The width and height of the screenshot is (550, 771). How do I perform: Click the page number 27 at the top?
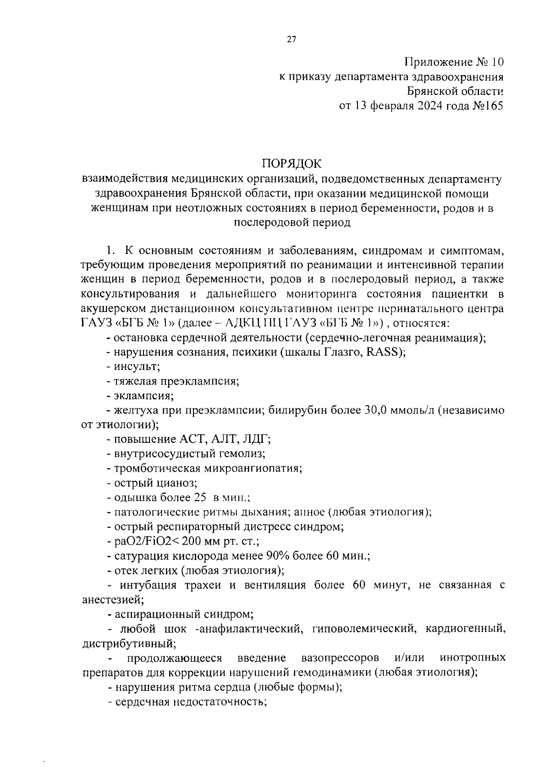(291, 40)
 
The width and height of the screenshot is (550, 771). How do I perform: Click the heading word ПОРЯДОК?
(291, 164)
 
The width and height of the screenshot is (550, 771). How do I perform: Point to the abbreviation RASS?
(385, 352)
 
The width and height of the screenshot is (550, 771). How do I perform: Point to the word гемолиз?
(246, 454)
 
